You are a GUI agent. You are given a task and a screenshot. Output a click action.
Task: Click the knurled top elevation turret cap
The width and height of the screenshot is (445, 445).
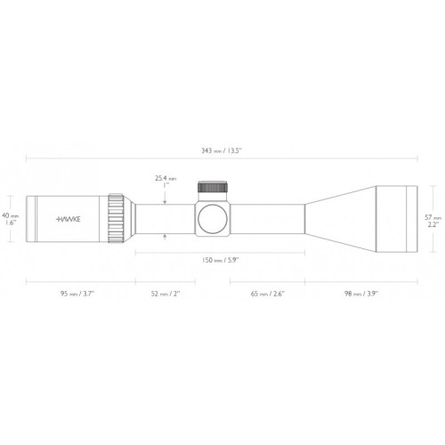[212, 188]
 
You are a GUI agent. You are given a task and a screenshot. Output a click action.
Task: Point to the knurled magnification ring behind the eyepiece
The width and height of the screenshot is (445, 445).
[117, 217]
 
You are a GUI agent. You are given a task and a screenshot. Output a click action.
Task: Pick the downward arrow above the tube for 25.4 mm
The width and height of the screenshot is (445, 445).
[166, 200]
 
